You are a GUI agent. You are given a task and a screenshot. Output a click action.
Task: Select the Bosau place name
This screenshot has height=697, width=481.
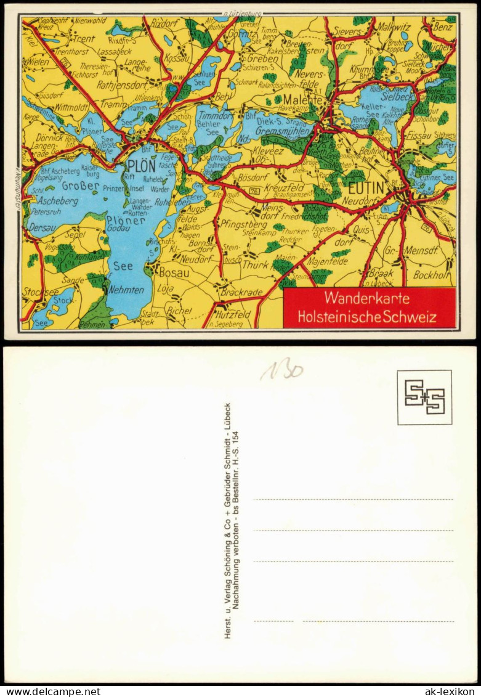coord(174,272)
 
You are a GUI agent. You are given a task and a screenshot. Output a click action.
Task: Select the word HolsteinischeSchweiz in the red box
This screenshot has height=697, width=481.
coord(367,317)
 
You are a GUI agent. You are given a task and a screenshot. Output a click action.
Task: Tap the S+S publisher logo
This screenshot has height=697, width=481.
coord(424,397)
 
